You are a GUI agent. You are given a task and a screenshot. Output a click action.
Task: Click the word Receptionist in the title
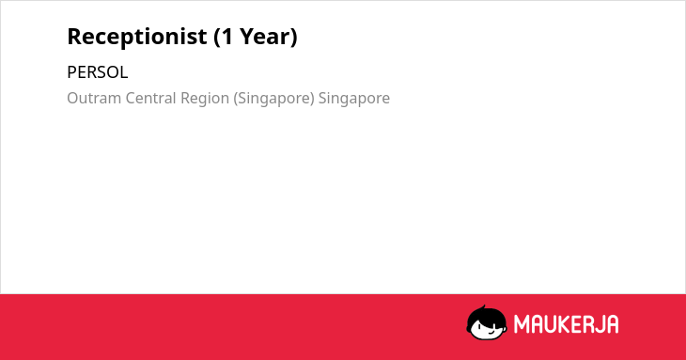coord(137,37)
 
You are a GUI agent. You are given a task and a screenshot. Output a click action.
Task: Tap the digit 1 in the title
coord(227,37)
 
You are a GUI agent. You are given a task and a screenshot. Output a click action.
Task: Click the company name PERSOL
coord(98,72)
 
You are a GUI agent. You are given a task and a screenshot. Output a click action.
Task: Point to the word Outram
coord(94,98)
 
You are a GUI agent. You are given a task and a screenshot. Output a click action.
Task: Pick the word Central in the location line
coord(151,98)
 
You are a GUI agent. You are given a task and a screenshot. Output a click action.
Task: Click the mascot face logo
coord(487,323)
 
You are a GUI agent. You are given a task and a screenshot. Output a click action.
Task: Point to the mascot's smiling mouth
coord(491,332)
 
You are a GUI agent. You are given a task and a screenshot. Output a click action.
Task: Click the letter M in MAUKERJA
coord(522,324)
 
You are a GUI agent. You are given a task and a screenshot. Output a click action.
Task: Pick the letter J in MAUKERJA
coord(600,324)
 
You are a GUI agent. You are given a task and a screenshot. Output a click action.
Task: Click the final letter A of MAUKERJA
coord(613,324)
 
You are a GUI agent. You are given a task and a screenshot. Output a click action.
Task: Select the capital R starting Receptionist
coord(75,37)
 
